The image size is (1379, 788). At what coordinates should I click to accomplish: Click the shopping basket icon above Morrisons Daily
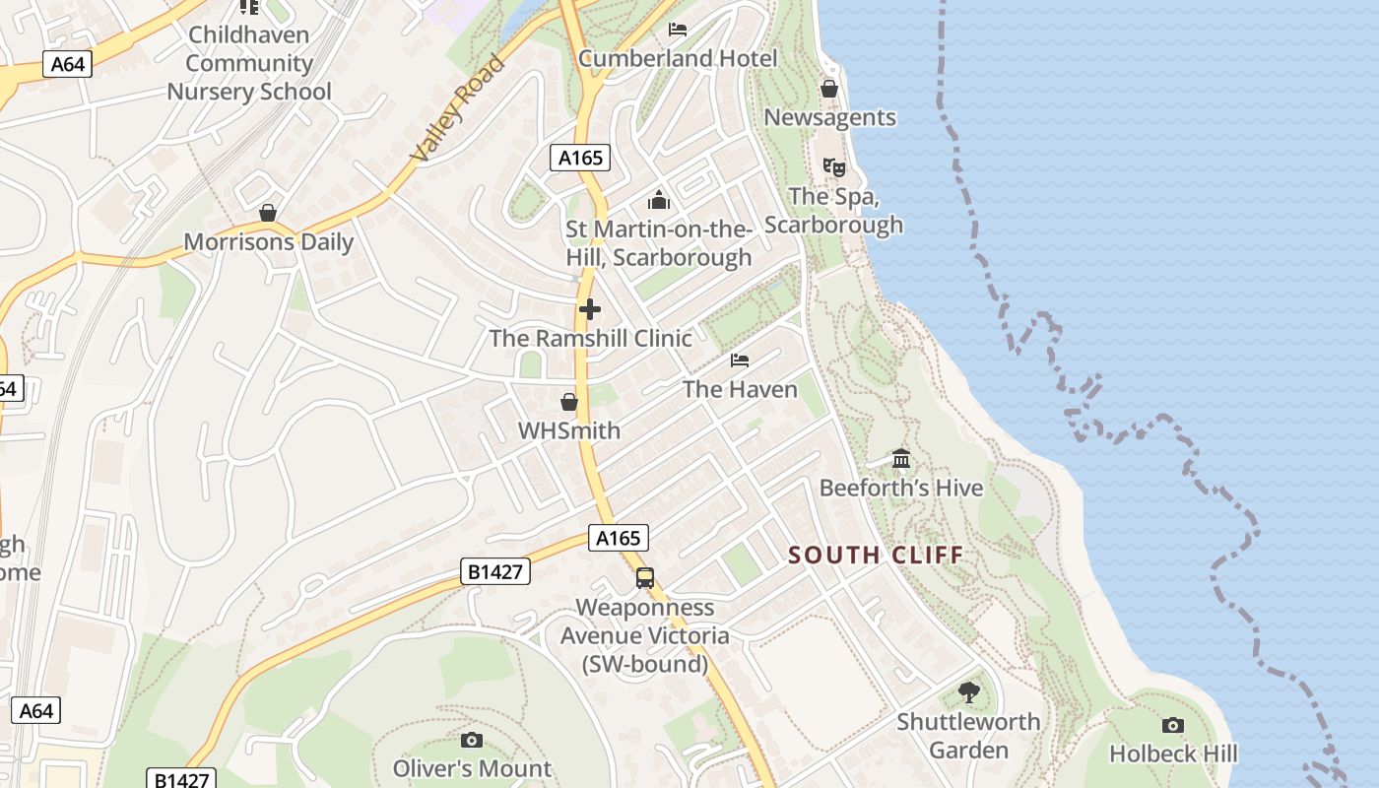[x=267, y=213]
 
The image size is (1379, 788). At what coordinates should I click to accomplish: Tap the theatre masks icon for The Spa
[x=834, y=166]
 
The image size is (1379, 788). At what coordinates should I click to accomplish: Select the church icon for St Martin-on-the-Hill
[x=659, y=201]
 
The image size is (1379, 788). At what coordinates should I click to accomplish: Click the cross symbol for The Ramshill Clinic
[x=590, y=309]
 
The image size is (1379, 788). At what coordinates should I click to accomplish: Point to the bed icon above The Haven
[x=740, y=361]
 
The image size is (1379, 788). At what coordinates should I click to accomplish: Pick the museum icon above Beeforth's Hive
[x=901, y=459]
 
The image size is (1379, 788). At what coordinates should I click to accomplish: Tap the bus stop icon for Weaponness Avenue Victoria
[x=645, y=578]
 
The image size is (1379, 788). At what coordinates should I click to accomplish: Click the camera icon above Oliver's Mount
[x=472, y=739]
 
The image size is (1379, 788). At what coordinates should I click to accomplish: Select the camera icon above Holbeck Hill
[x=1172, y=725]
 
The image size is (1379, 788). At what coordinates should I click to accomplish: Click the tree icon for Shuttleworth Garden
[x=969, y=691]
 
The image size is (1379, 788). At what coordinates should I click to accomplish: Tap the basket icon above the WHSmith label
[x=569, y=402]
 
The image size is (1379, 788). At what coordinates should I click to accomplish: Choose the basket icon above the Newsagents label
[x=829, y=89]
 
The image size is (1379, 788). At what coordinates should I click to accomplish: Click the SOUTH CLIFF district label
[x=876, y=555]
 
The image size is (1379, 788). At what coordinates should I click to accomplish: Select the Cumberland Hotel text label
[x=678, y=58]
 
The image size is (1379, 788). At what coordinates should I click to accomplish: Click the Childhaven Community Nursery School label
[x=248, y=63]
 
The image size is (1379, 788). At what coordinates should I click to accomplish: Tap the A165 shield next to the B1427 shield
[x=620, y=538]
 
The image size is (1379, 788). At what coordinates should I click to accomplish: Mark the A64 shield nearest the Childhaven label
[x=68, y=65]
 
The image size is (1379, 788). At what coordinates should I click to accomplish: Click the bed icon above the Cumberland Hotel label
[x=677, y=29]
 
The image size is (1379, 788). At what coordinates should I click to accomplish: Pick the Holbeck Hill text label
[x=1173, y=754]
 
